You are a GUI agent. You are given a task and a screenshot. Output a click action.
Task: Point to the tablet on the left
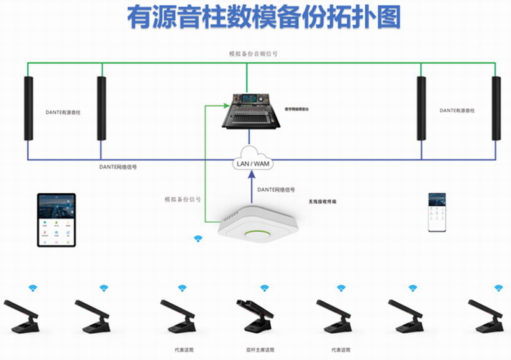point(56,220)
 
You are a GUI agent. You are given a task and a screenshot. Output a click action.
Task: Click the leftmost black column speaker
point(28,108)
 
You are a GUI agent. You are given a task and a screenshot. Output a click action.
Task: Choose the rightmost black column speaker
point(496,108)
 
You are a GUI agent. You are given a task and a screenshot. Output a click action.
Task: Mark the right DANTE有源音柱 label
point(457,110)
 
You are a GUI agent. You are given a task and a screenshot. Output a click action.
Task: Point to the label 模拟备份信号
point(183,199)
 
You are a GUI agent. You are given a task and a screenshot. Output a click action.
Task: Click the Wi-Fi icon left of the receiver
point(198,239)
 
